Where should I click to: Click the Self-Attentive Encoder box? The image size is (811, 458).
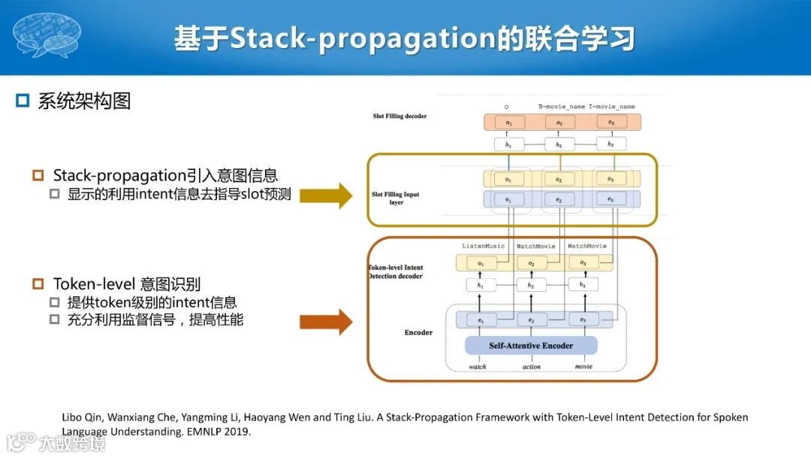531,345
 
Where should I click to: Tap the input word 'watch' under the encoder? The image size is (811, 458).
478,367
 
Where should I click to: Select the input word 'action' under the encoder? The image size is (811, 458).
531,367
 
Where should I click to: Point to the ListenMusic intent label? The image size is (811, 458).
483,247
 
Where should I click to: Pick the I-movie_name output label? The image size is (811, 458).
611,107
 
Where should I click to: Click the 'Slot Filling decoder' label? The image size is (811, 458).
400,116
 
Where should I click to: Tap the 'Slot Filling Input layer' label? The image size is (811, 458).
396,199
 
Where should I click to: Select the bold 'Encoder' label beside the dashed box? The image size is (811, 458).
418,332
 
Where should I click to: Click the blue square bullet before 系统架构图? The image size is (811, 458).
23,101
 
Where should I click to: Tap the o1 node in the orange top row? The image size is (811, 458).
509,123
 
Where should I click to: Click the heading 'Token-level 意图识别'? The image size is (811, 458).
126,284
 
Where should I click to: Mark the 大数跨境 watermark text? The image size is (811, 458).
72,443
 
